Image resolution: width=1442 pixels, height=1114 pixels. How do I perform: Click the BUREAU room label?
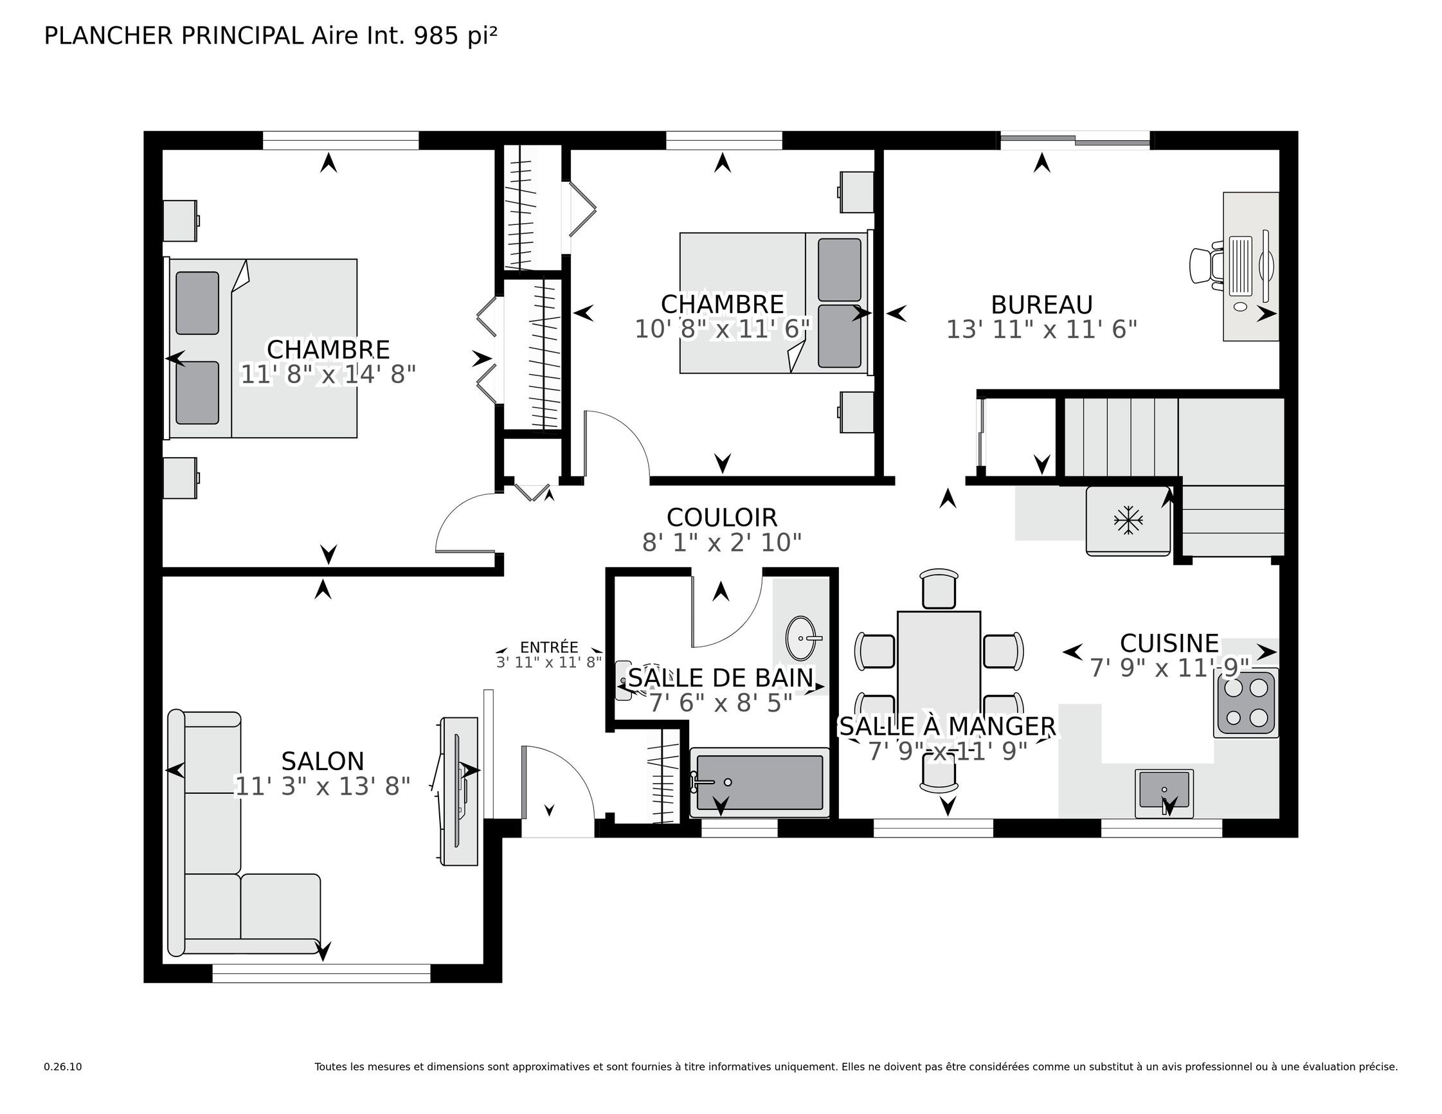point(1042,305)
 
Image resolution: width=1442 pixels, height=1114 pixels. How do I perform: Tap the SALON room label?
point(322,761)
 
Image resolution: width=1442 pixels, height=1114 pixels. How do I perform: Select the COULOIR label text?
point(722,517)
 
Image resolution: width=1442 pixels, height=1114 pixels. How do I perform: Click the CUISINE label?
point(1169,643)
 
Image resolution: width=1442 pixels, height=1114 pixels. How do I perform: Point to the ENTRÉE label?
point(548,648)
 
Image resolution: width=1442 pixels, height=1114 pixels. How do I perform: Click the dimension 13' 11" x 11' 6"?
point(1042,330)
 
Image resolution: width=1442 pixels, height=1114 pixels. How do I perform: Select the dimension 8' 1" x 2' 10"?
point(722,543)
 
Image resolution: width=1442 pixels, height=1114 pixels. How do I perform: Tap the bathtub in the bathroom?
point(759,782)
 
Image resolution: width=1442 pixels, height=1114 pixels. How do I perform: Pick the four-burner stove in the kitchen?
point(1246,703)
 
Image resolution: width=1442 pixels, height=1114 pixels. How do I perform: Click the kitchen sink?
point(1164,793)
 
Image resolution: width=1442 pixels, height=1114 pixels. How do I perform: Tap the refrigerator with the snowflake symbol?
point(1128,520)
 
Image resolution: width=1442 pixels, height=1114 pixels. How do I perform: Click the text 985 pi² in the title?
point(455,35)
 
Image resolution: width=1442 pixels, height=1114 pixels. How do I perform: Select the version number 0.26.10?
point(63,1066)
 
